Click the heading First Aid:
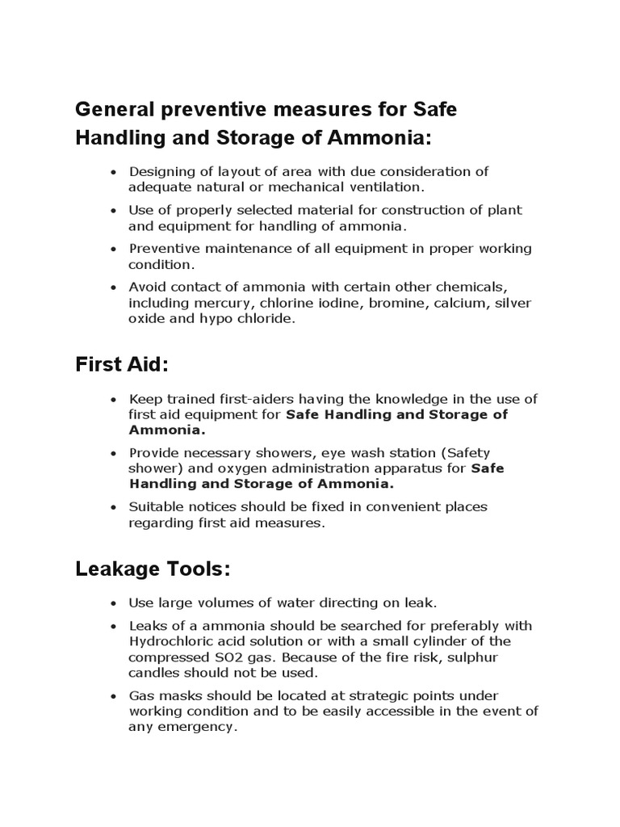[122, 365]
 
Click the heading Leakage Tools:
[153, 569]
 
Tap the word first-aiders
[258, 399]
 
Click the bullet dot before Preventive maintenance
[114, 250]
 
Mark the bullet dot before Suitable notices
[114, 508]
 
